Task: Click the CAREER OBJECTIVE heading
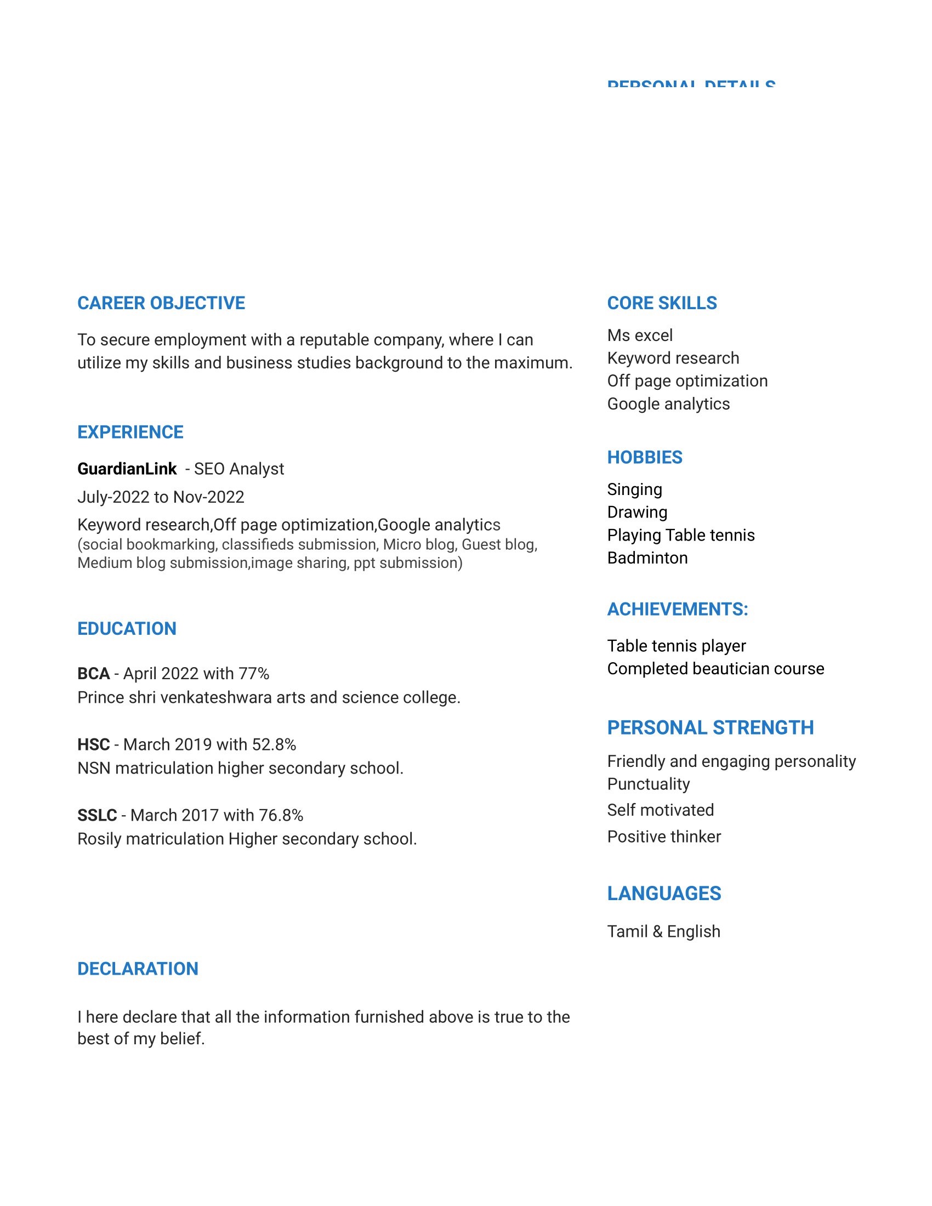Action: (x=161, y=303)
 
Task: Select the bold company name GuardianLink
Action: (x=127, y=469)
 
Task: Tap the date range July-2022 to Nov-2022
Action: (x=161, y=497)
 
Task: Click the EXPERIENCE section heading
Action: (x=130, y=432)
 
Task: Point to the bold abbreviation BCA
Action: (x=93, y=674)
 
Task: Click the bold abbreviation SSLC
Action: (x=97, y=815)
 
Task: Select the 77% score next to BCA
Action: (x=254, y=674)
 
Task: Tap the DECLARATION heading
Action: (x=138, y=969)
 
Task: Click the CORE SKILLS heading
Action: (x=662, y=303)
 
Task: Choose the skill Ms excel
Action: (x=639, y=335)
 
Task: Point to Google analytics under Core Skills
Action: (x=668, y=403)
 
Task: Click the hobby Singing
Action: (x=634, y=489)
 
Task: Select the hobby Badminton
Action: (x=647, y=558)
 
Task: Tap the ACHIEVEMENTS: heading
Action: (x=678, y=609)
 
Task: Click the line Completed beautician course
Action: (x=715, y=669)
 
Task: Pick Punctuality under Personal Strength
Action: (x=648, y=784)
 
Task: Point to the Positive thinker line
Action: (x=664, y=837)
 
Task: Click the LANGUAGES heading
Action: (x=664, y=894)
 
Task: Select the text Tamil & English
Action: (x=664, y=931)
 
